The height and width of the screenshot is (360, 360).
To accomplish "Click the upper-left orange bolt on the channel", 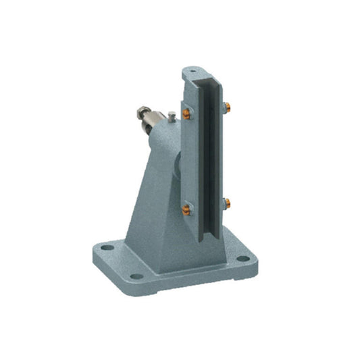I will [185, 113].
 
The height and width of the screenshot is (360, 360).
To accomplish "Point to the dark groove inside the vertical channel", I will [211, 162].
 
